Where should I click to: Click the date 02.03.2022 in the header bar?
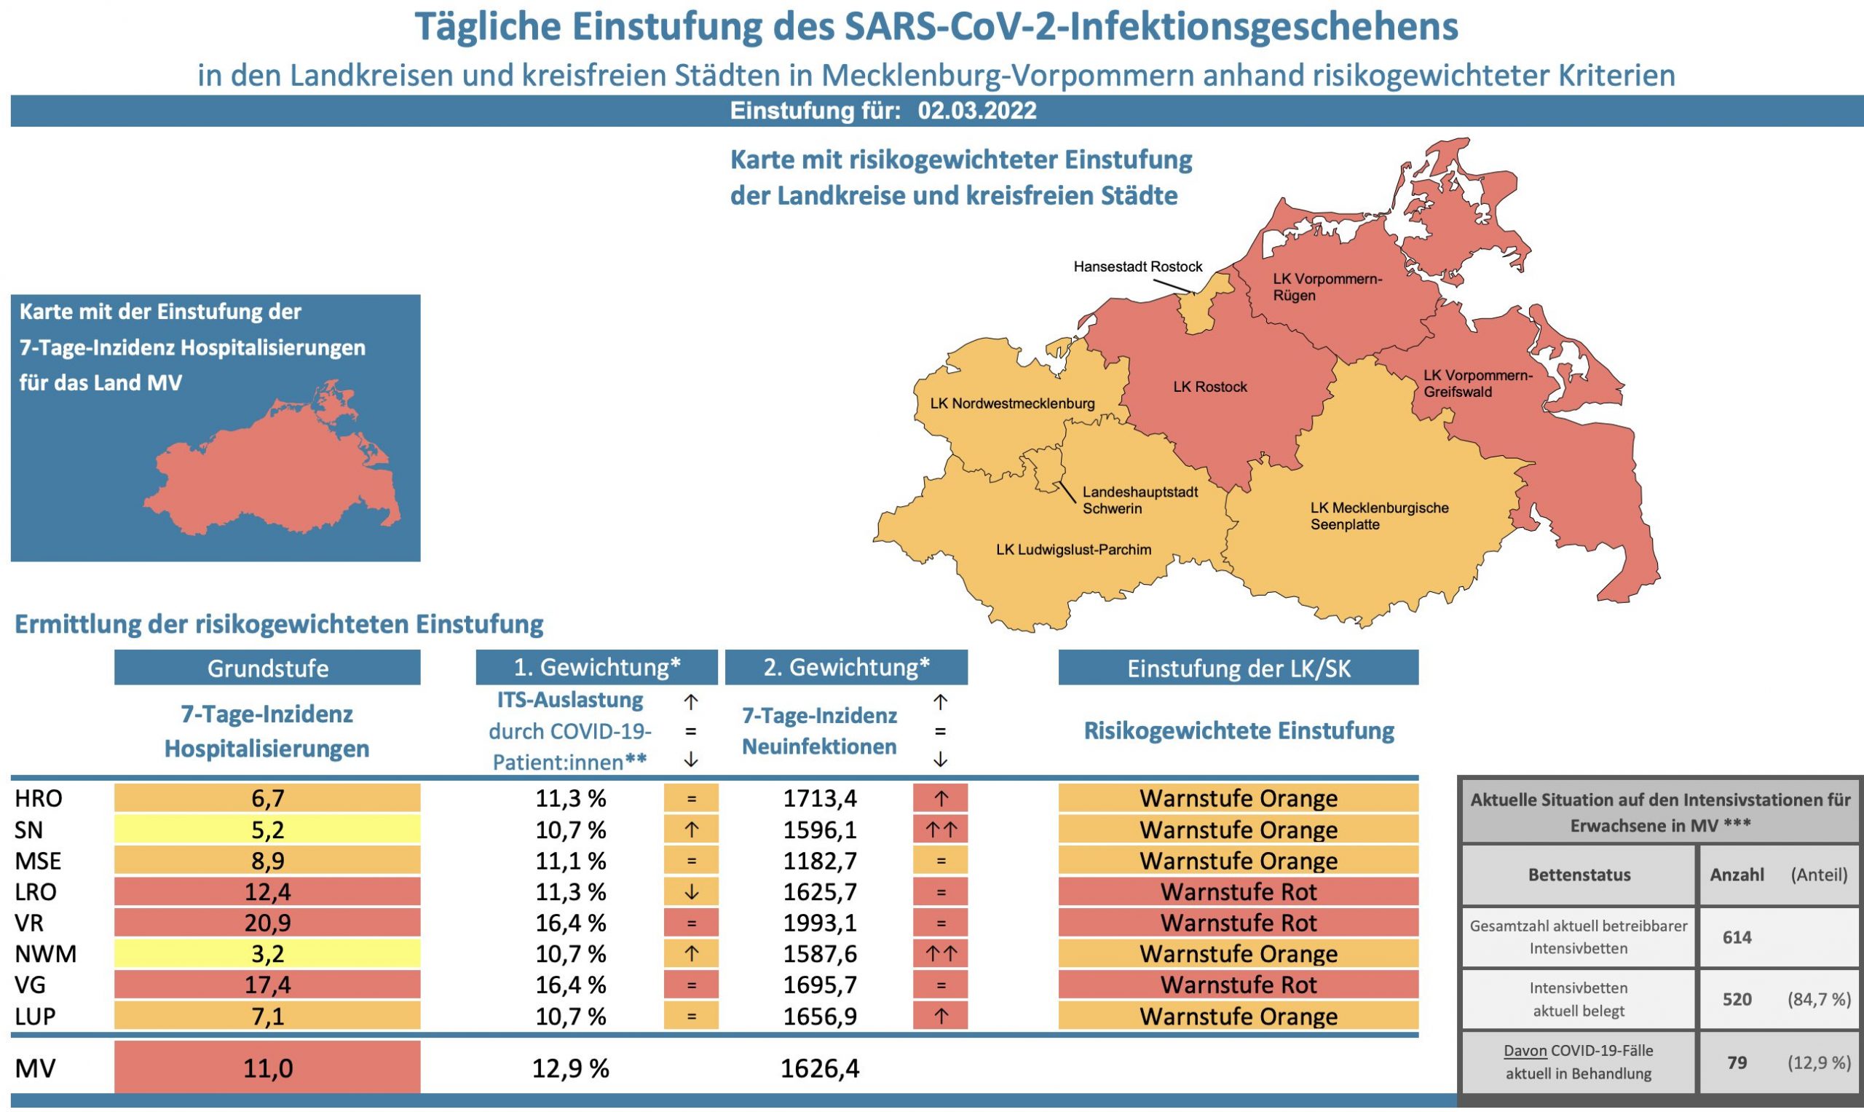977,111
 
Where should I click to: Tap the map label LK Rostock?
1210,387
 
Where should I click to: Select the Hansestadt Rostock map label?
1137,267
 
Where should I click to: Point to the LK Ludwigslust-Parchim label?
1073,550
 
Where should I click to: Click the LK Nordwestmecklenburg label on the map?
1012,404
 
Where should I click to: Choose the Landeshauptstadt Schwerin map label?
1140,500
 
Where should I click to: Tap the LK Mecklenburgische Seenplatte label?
1379,516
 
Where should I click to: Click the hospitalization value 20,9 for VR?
267,923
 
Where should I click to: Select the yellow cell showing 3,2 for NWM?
267,954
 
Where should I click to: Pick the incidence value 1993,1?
820,923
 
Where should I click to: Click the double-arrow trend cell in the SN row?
940,830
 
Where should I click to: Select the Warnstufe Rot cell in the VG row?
1239,985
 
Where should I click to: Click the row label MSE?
38,861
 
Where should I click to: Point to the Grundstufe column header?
267,668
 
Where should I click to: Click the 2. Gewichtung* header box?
847,667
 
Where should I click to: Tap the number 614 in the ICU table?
1737,937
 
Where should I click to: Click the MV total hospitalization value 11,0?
267,1068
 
